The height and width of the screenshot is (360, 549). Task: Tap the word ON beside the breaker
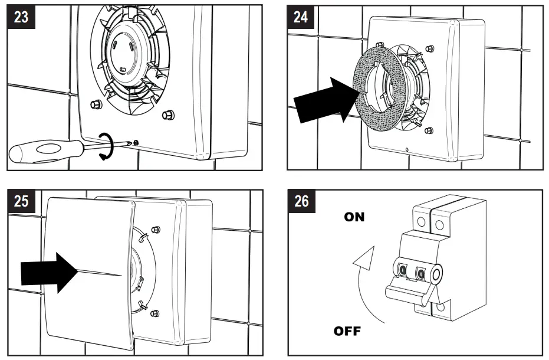coord(354,217)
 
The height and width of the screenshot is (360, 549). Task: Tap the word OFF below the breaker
coord(347,330)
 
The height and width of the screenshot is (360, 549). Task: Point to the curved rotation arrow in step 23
coord(106,146)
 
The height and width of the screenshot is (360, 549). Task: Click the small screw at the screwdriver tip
coord(136,142)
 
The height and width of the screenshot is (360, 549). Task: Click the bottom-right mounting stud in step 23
coord(167,113)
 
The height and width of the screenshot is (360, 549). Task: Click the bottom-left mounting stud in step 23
coord(94,104)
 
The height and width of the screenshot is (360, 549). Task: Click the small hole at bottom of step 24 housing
coord(407,149)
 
